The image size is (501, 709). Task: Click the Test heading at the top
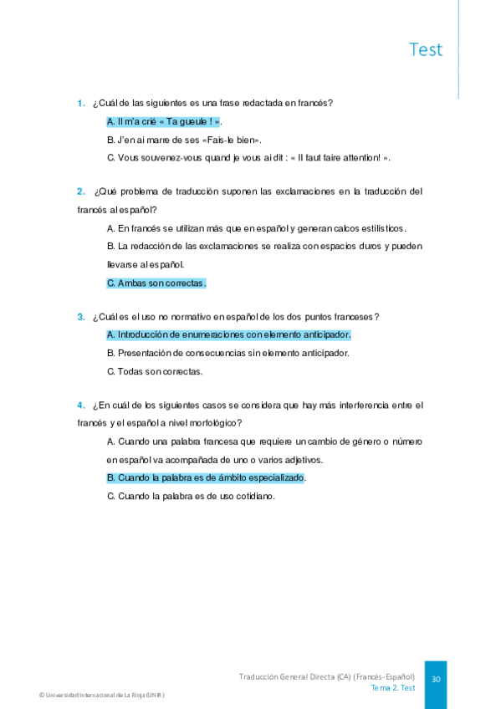426,49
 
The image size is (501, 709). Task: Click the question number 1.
81,104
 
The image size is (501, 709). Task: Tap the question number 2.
81,191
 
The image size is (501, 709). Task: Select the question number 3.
81,317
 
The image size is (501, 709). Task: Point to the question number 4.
81,405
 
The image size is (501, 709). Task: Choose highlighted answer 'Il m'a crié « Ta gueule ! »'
164,122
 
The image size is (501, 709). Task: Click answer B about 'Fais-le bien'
184,140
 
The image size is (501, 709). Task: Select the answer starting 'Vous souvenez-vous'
248,158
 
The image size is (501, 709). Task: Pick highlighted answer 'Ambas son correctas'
156,283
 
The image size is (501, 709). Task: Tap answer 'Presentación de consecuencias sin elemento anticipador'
228,353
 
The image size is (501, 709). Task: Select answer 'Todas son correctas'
155,371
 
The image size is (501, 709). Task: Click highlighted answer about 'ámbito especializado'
206,478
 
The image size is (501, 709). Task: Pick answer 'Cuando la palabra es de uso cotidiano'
191,496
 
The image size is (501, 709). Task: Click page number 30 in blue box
436,680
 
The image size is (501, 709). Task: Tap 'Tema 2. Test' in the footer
393,688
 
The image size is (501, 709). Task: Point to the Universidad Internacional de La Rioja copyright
107,696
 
